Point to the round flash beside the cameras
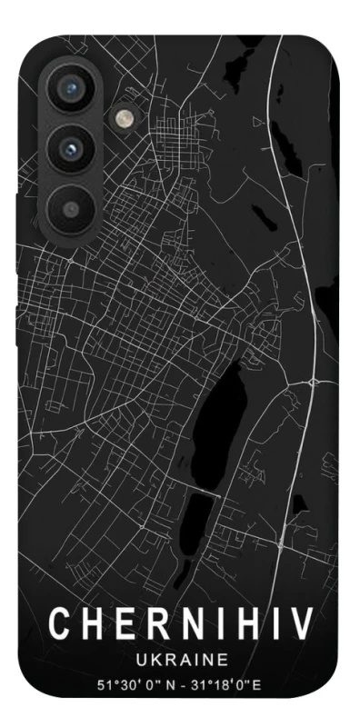122,119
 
